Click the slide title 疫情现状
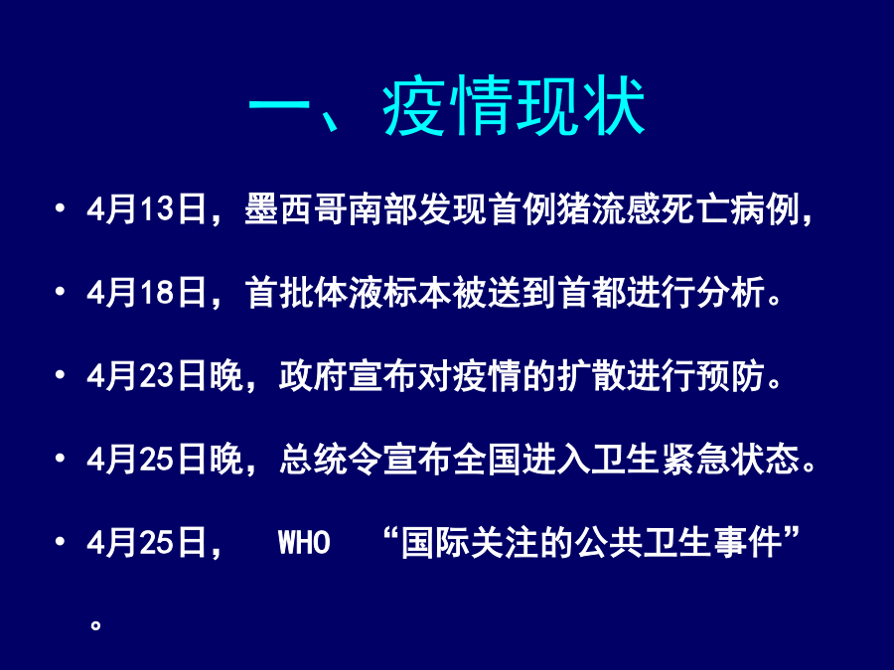(x=514, y=106)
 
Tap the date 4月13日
(x=147, y=208)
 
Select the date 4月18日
(x=147, y=292)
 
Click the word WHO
(x=304, y=542)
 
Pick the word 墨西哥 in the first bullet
(x=296, y=208)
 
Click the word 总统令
(x=331, y=460)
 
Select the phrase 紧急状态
(x=731, y=460)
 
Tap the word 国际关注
(x=470, y=542)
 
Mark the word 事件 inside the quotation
(x=747, y=542)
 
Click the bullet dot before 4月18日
(x=60, y=292)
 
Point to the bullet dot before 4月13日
(x=60, y=208)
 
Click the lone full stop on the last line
(x=95, y=625)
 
